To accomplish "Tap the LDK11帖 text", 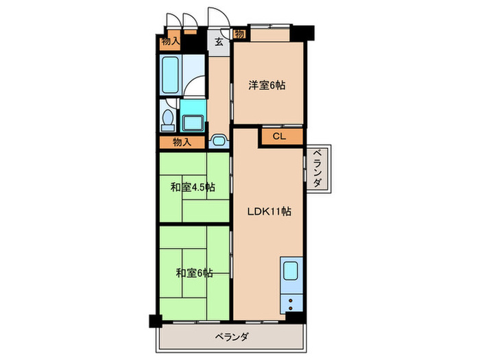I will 269,211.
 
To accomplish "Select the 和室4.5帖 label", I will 193,187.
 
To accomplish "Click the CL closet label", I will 279,136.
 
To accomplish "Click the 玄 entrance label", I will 219,41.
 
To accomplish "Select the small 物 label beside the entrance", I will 240,34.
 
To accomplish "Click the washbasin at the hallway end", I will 218,141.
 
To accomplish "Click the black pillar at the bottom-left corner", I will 155,320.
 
